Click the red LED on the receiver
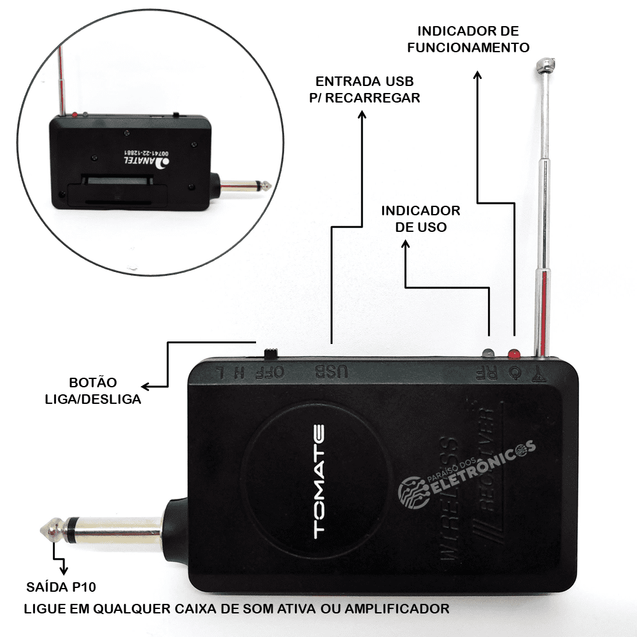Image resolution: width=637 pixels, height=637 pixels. (513, 353)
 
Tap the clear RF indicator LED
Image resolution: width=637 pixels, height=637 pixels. (489, 353)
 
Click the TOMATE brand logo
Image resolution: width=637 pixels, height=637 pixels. (318, 482)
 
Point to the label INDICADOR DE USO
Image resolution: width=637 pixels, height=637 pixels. (420, 218)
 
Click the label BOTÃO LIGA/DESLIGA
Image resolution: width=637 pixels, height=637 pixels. (92, 391)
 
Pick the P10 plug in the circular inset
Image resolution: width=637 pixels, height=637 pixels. (244, 187)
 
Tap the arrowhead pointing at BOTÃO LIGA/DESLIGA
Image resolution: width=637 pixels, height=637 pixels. (145, 386)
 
